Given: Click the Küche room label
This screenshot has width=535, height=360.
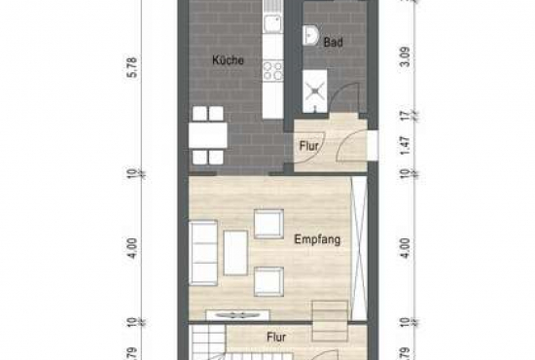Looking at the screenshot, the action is [228, 60].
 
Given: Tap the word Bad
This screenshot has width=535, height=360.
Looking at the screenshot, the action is [333, 42].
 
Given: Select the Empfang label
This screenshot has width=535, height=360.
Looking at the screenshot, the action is [317, 239].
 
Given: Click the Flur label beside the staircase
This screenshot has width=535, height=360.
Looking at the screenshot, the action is [276, 338].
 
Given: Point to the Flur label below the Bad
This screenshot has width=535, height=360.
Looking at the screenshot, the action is [308, 146].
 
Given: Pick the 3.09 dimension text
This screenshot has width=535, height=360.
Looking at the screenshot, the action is [405, 59].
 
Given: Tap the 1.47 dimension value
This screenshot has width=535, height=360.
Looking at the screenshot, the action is [405, 146].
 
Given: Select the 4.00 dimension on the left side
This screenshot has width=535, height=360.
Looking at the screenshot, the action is [133, 248].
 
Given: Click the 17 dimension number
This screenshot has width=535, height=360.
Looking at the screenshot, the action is [405, 116].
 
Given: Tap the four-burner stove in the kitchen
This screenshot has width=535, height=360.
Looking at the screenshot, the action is [273, 71].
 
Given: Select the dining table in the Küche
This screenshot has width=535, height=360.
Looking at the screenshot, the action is [208, 135].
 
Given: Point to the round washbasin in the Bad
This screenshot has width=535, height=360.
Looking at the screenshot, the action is [309, 35].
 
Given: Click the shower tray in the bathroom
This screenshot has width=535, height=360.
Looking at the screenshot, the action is [315, 90].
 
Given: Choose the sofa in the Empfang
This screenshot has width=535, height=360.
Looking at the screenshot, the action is [203, 253].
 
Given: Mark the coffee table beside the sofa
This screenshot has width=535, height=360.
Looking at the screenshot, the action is [235, 253].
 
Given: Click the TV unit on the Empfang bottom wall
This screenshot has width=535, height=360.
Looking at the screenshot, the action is [238, 315].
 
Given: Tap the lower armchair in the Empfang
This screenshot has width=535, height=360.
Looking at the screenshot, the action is [268, 281].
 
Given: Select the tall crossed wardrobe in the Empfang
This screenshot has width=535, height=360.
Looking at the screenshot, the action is [359, 248].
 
